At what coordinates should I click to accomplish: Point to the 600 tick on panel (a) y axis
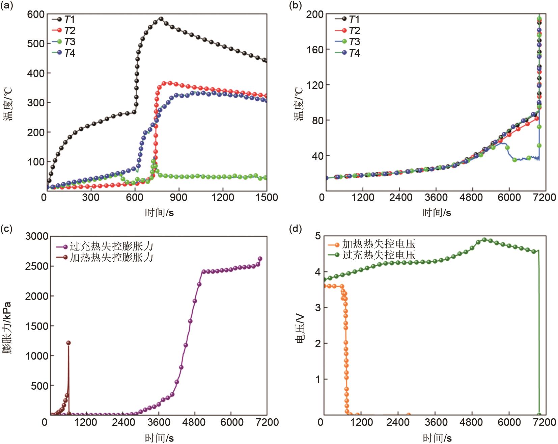[35, 14]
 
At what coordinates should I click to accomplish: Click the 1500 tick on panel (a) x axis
[267, 197]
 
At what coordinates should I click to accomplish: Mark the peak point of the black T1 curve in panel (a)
[161, 19]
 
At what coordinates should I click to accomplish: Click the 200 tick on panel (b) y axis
[314, 14]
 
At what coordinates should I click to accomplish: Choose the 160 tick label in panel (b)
[314, 50]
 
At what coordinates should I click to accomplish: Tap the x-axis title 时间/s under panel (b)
[437, 212]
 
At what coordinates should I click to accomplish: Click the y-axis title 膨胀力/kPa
[7, 328]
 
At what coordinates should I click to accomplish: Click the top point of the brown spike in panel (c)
[68, 343]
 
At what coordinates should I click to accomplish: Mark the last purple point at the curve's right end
[260, 259]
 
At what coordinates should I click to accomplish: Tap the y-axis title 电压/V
[300, 328]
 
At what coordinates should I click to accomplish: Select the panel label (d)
[295, 229]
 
